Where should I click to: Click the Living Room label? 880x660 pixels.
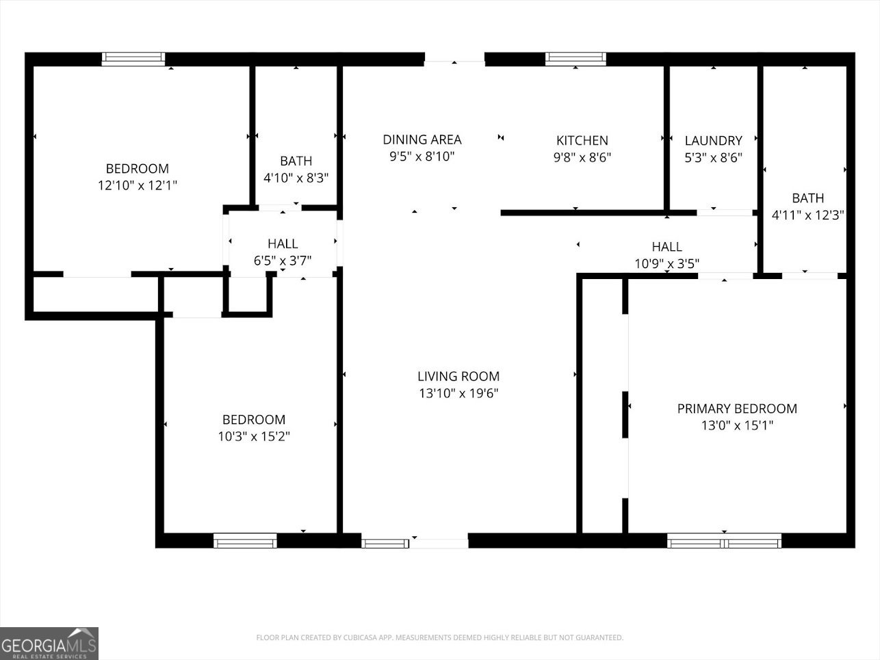458,376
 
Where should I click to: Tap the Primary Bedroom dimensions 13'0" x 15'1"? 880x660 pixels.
737,425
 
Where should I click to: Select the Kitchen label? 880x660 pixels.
582,140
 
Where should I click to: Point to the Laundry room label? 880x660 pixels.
713,140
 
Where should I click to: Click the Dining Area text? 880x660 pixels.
422,140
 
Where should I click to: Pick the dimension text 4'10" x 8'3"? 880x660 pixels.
296,178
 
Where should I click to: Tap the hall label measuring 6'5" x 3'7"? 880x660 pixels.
283,243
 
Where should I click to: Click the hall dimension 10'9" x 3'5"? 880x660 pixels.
667,263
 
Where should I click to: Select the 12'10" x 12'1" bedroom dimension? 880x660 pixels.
138,185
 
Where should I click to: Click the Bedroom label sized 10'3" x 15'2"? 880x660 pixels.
254,419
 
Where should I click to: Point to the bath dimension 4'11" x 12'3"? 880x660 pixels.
807,215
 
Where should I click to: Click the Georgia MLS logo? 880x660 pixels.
49,644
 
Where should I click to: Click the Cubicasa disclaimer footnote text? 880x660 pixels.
439,637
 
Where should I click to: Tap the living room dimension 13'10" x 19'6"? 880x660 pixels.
458,393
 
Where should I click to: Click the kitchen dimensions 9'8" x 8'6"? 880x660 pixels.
582,157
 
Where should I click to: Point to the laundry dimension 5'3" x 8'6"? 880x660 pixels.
713,157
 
